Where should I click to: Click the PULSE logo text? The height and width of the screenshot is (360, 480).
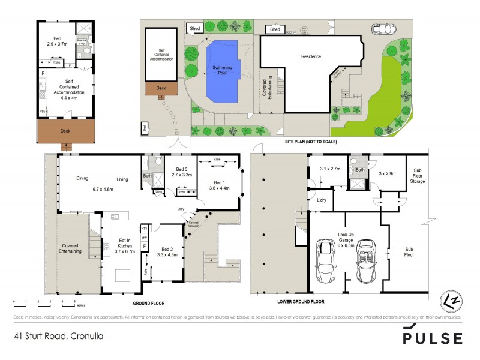(432, 338)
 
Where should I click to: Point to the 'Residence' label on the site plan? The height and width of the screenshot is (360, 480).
(310, 56)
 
